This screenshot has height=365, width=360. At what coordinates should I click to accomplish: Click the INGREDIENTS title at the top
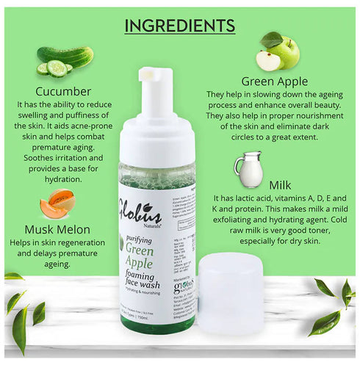pos(179,26)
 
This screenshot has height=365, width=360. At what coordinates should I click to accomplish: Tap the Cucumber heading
pos(63,92)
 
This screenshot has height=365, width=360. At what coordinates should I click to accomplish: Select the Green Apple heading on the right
pos(273,82)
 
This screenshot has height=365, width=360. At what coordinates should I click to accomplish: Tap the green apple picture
pos(269,51)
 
